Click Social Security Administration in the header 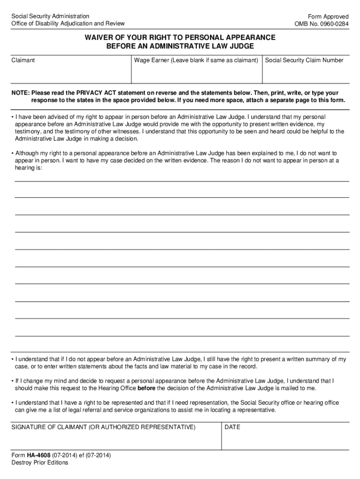(50, 16)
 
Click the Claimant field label (23, 60)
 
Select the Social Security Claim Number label (304, 60)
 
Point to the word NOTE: (21, 93)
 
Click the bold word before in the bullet (146, 388)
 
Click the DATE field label (232, 427)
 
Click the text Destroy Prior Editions (40, 463)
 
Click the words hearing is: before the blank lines (29, 168)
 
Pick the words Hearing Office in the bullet (115, 388)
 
